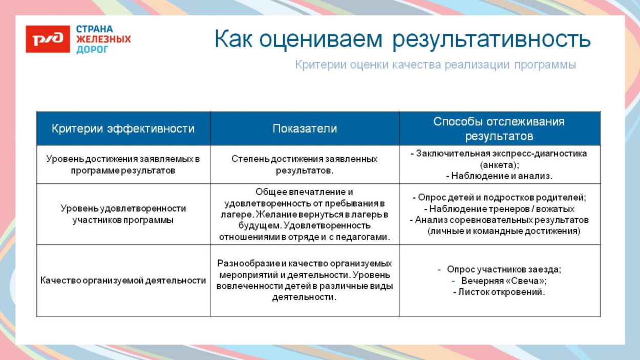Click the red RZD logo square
point(48,39)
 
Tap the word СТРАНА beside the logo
point(95,29)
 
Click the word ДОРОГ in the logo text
point(93,50)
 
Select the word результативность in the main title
point(492,39)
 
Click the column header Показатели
point(305,129)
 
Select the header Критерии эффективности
point(123,129)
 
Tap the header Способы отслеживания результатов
point(499,129)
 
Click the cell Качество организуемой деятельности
point(123,281)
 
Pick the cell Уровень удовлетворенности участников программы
point(123,214)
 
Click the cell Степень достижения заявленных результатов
point(305,164)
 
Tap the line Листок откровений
point(499,292)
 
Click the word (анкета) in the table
point(499,165)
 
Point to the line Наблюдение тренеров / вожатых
point(499,209)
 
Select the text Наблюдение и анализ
point(499,176)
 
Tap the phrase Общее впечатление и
point(304,192)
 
